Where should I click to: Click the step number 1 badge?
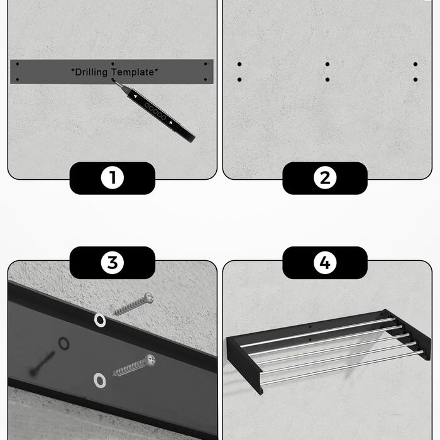click(113, 178)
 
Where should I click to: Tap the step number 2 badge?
click(325, 178)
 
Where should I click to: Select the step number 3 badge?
click(113, 263)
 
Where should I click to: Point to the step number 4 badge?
click(325, 263)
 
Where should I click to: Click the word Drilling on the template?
click(90, 72)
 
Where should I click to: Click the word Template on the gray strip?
click(135, 72)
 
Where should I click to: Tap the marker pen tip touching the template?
click(114, 80)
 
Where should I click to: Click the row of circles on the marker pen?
click(155, 111)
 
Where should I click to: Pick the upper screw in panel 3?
click(134, 304)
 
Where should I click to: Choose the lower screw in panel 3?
click(134, 365)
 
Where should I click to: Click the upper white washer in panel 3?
click(99, 320)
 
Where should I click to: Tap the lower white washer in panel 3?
click(99, 380)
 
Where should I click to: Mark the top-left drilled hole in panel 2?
click(239, 64)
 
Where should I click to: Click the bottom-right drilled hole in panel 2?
click(415, 80)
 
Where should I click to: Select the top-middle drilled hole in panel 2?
click(327, 64)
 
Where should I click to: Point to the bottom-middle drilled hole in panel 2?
click(327, 80)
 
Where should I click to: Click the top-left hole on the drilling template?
click(18, 64)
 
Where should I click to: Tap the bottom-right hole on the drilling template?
click(206, 80)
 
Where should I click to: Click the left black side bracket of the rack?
click(245, 365)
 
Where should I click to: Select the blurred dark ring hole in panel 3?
click(63, 343)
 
